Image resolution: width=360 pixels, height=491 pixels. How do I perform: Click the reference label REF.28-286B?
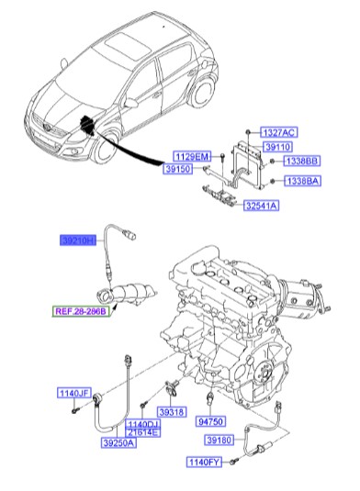(x=79, y=313)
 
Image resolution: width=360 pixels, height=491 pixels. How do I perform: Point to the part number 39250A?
(x=117, y=441)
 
